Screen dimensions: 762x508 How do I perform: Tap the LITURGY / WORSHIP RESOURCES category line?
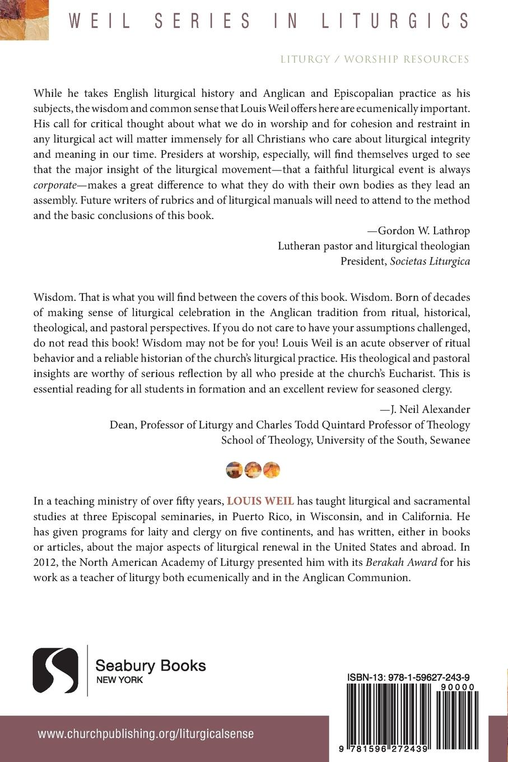click(375, 59)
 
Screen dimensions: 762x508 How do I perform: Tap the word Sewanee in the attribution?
click(450, 440)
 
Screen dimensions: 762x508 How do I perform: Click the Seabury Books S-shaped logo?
click(55, 670)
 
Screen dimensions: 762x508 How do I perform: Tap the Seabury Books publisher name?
click(151, 666)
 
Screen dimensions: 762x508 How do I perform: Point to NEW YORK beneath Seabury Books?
click(119, 680)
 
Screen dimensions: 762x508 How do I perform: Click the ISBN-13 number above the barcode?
click(407, 677)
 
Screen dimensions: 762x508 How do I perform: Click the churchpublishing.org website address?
click(146, 733)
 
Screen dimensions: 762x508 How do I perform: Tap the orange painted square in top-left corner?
click(24, 20)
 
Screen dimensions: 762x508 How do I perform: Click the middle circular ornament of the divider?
click(253, 469)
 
